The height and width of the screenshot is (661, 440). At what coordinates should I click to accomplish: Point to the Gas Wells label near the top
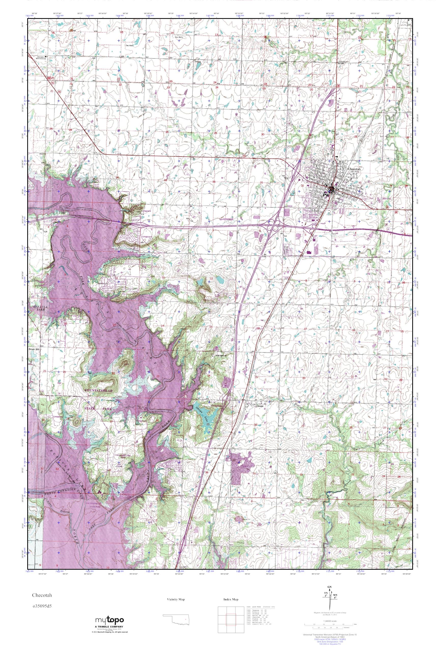pyautogui.click(x=179, y=37)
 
